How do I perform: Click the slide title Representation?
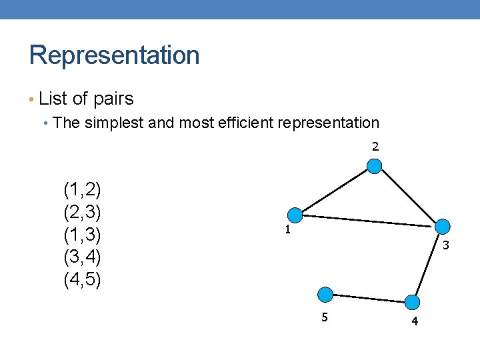[x=114, y=55]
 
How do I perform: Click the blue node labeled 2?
[x=375, y=167]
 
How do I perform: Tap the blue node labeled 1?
[x=295, y=215]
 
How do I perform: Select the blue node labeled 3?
[x=443, y=227]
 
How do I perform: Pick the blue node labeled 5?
[x=325, y=294]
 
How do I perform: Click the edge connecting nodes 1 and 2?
[x=335, y=191]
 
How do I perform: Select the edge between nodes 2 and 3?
[x=409, y=197]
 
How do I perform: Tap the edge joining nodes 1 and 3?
[x=369, y=221]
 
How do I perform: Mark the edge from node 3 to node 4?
[x=429, y=265]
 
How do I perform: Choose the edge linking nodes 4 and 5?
[x=369, y=298]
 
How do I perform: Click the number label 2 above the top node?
[x=375, y=147]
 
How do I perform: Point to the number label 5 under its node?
[x=325, y=317]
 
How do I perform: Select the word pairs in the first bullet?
[x=113, y=99]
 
